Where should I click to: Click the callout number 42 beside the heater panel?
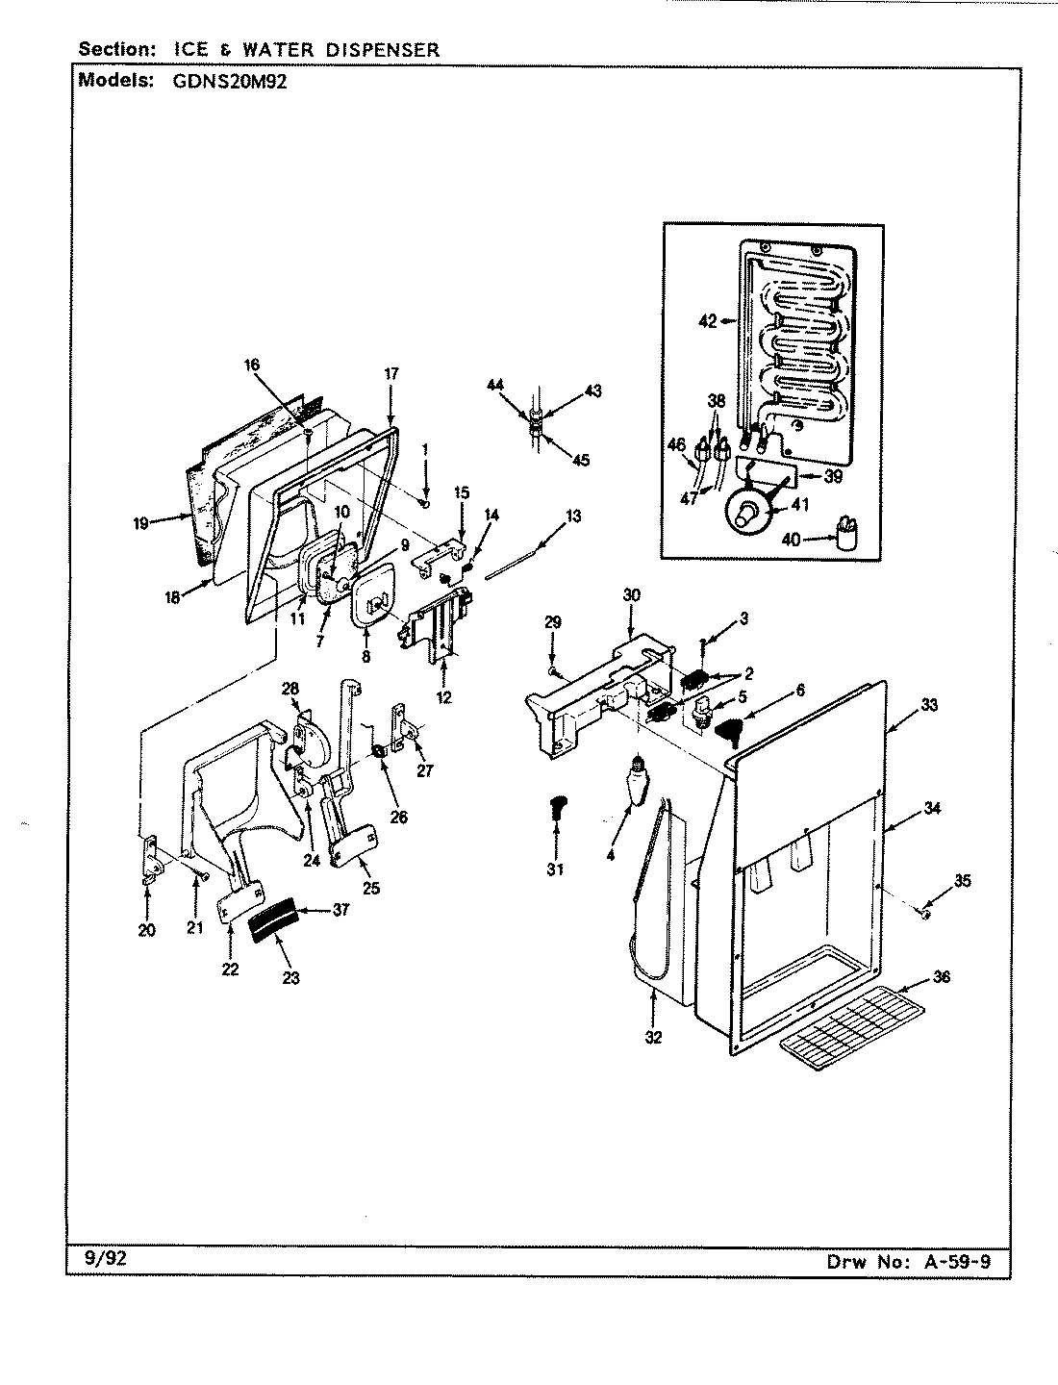point(707,321)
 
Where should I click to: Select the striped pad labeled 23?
point(273,930)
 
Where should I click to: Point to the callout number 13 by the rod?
point(573,516)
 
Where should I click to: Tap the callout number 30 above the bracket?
point(631,594)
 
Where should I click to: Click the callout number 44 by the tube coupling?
point(494,385)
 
